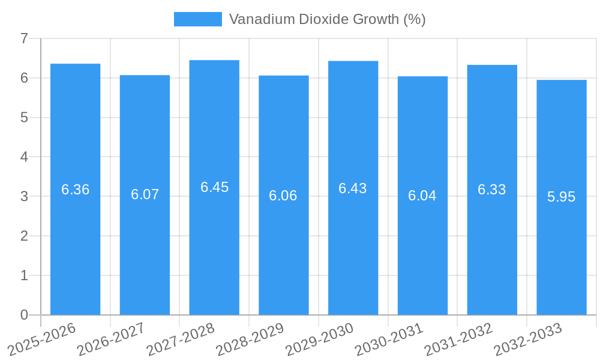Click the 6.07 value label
145,194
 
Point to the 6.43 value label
352,188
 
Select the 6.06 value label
283,196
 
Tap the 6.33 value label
491,190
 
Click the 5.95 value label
562,197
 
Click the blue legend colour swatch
197,19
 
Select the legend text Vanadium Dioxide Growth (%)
327,19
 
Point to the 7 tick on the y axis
24,38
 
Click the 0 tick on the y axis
24,315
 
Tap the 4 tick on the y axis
24,157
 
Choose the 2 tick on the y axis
24,236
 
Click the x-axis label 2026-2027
112,339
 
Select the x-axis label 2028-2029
250,339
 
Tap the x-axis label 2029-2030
320,339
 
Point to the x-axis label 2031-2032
459,339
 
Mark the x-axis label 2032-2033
528,339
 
